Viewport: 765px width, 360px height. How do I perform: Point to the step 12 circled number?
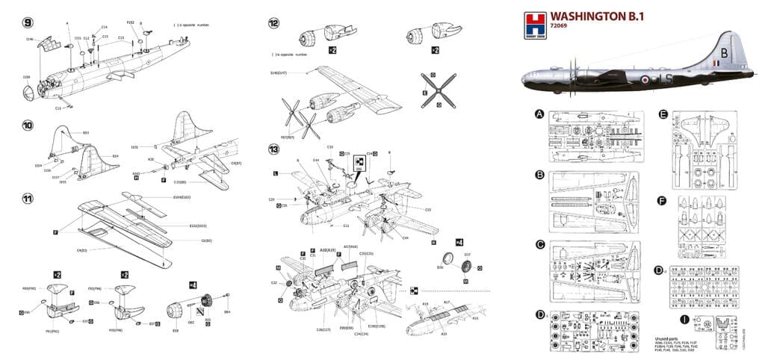[x=273, y=23]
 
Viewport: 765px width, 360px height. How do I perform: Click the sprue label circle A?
[x=539, y=114]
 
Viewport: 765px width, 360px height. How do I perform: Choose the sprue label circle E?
[x=663, y=114]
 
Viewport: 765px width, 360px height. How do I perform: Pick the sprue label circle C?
[x=539, y=244]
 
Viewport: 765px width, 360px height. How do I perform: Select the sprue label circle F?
[x=663, y=199]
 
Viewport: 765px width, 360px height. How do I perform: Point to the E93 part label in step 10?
[x=85, y=133]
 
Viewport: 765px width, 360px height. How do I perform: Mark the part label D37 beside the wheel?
[x=468, y=255]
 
